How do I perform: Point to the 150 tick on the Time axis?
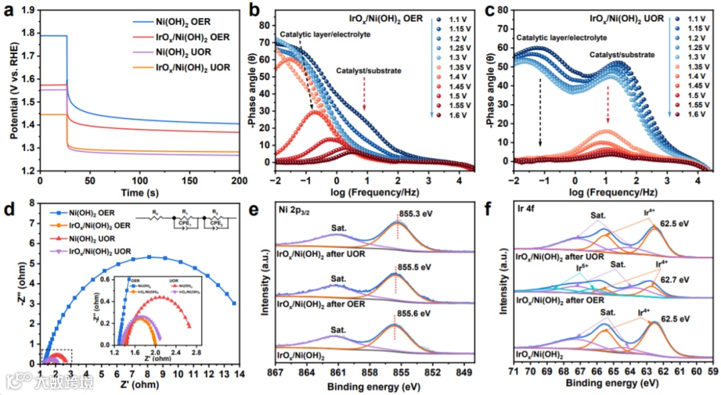point(189,180)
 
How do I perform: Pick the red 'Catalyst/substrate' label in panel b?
point(375,71)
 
